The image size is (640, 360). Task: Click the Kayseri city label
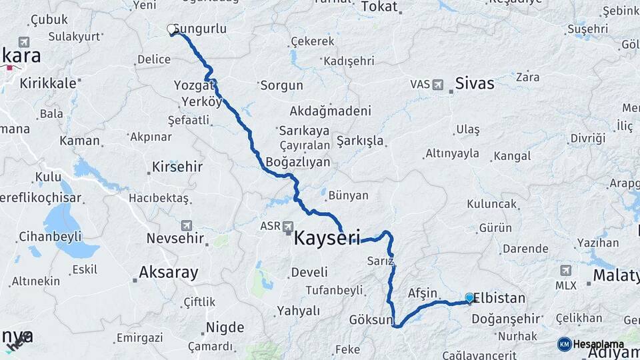pos(327,237)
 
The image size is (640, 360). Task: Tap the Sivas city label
pos(475,83)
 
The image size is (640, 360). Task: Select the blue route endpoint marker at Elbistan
pos(469,298)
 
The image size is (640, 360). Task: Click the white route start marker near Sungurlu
pos(171,29)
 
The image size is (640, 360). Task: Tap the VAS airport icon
pos(437,85)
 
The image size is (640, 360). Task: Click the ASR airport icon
pos(288,225)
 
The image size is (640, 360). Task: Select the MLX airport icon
pos(566,270)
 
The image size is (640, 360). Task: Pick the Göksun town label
pos(371,320)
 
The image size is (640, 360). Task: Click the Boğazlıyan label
pos(298,162)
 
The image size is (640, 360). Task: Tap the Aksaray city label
pos(169,272)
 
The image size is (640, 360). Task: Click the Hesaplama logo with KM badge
pos(591,344)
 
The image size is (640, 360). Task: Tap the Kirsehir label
pos(177,167)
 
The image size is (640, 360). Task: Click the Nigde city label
pos(225,327)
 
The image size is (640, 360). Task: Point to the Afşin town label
pos(422,293)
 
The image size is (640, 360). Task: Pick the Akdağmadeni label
pos(331,111)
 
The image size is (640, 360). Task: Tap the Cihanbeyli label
pos(50,237)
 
